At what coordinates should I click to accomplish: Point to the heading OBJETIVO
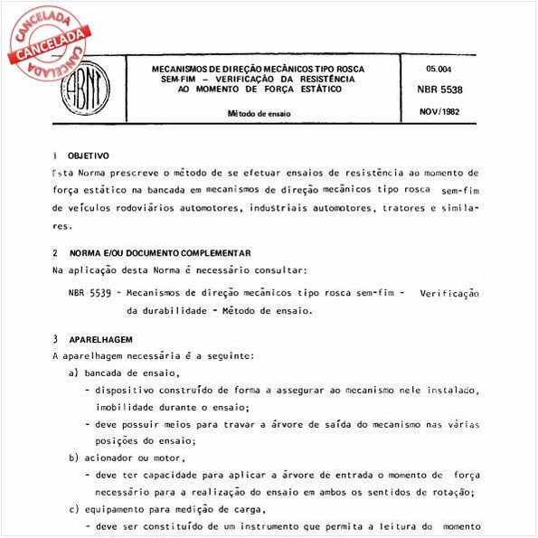click(88, 156)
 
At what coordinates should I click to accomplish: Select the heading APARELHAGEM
click(100, 339)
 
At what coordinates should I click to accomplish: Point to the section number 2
click(55, 253)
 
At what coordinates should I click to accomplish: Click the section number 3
click(55, 339)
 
